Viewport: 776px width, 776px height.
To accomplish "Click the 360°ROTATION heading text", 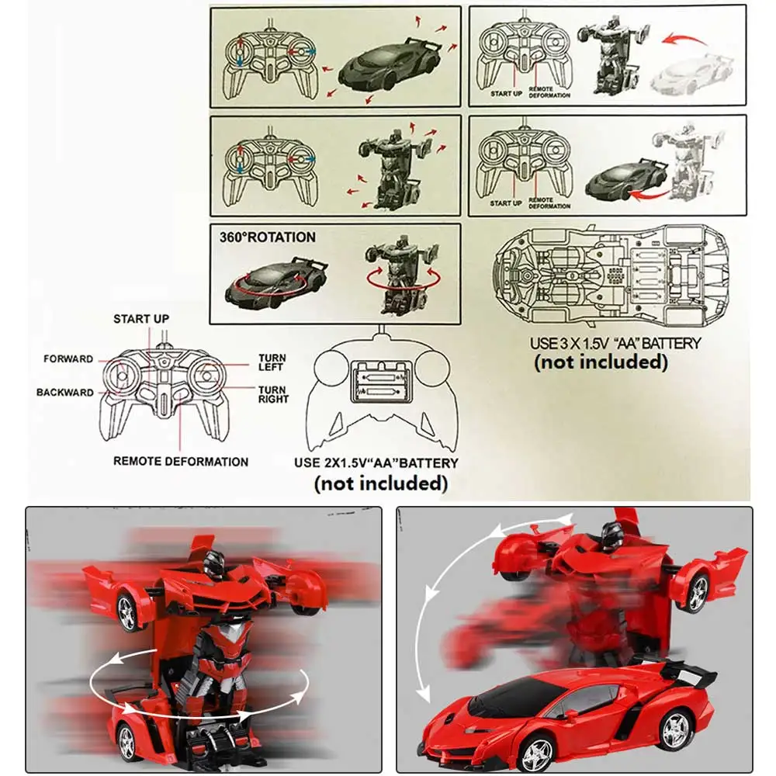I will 267,237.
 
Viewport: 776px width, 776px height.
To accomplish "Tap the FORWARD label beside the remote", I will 68,359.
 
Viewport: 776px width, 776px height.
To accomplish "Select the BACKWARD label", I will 64,393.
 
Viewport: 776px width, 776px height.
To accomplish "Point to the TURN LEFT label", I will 272,363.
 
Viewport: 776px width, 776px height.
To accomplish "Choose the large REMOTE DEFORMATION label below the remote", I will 181,461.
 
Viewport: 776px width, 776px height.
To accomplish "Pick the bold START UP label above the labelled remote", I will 141,319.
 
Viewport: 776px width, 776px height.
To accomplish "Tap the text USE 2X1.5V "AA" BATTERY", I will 376,463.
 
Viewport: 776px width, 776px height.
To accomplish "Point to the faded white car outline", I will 692,72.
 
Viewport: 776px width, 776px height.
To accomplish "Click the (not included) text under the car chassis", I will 600,362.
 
